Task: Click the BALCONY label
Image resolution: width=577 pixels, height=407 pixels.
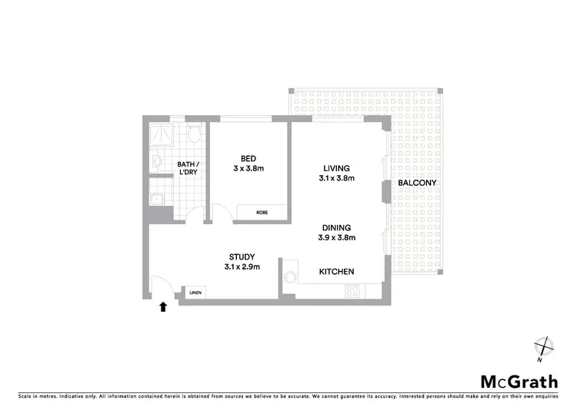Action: click(418, 183)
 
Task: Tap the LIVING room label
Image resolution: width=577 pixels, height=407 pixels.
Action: click(336, 168)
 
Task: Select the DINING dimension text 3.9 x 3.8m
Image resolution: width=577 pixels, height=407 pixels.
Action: click(336, 237)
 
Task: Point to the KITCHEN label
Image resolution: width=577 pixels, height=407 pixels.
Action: click(336, 272)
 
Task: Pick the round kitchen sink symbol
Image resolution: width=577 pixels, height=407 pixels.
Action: click(290, 278)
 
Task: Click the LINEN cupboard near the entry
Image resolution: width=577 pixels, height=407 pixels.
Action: click(195, 293)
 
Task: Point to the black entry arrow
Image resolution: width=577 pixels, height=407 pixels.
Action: click(162, 308)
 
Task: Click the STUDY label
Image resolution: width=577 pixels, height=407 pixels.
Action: click(242, 256)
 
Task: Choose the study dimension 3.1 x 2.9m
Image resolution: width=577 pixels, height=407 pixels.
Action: click(242, 267)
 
